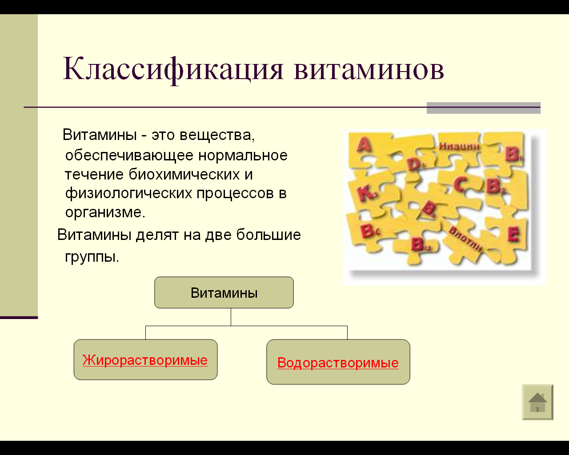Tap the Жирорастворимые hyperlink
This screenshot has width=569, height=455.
145,360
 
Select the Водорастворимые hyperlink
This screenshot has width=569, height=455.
338,363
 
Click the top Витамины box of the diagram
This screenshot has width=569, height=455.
224,292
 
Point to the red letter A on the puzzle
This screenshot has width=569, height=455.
364,145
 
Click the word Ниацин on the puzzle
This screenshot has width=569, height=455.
459,146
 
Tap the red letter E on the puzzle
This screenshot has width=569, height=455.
513,235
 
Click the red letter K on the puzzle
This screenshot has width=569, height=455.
366,194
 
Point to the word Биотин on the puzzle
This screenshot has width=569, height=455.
465,239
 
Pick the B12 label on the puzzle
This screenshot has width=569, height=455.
421,244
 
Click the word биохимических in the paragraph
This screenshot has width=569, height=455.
184,175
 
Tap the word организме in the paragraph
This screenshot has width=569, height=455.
105,212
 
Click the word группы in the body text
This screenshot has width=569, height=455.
92,256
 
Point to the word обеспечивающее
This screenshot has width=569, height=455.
129,156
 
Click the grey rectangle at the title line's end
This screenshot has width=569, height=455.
483,108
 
